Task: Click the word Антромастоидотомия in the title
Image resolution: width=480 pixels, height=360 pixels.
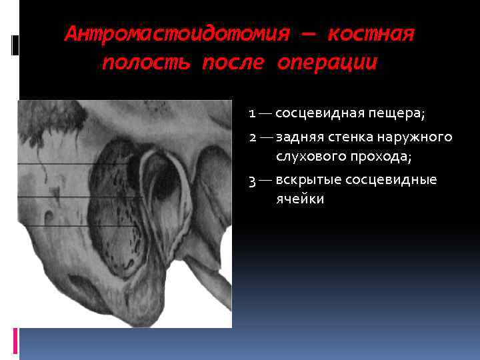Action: tap(177, 34)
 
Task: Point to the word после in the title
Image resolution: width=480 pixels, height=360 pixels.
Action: tap(230, 63)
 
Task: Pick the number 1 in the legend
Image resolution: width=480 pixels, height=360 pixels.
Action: tap(252, 113)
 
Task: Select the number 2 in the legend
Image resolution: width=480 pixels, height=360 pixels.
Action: tap(253, 137)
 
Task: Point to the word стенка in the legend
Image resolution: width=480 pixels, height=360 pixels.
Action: tap(354, 137)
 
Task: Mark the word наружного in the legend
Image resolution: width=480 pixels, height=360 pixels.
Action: tap(418, 138)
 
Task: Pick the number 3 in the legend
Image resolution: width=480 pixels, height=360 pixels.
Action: tap(253, 180)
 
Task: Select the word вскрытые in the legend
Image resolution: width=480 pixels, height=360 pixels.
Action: tap(305, 180)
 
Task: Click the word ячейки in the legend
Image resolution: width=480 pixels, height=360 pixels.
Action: tap(300, 199)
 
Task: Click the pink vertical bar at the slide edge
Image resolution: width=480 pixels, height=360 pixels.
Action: tap(15, 339)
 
